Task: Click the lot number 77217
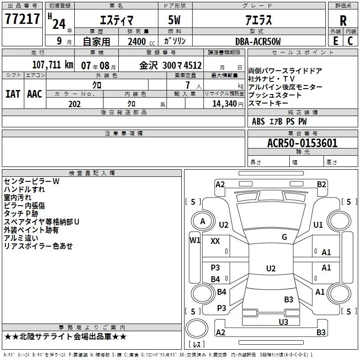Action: pos(22,18)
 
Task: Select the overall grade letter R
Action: pos(343,21)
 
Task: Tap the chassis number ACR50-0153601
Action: pos(302,143)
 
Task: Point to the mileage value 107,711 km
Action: pos(53,65)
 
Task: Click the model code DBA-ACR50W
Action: pos(258,41)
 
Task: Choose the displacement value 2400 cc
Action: pos(141,41)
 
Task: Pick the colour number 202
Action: pos(74,104)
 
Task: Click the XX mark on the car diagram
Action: pos(215,241)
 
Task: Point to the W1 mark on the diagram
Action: pos(195,240)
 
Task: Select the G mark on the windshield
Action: pos(284,237)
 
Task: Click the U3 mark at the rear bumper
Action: pos(283,322)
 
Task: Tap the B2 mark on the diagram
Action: pos(321,184)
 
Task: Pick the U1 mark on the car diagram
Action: pos(318,225)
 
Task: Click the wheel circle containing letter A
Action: pos(203,221)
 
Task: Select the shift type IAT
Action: pos(13,94)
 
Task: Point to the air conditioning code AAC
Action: pos(35,94)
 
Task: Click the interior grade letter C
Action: pos(350,41)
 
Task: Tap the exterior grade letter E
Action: pos(336,41)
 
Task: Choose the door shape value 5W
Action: pos(174,20)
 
